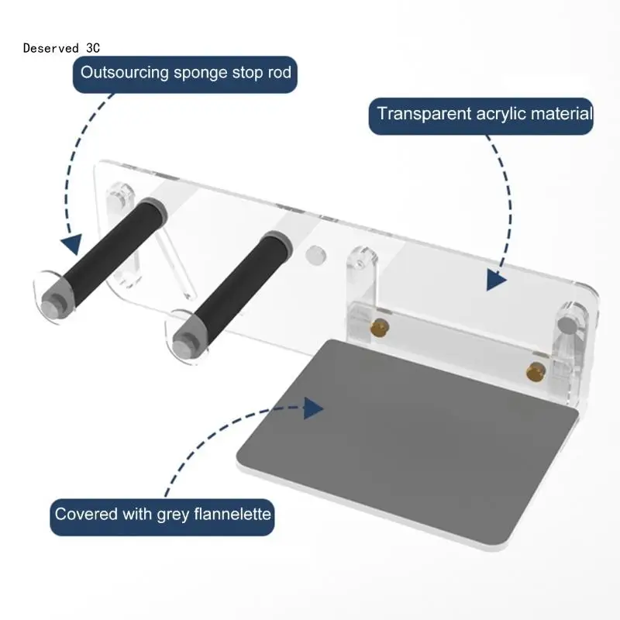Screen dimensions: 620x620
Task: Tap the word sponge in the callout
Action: pos(205,74)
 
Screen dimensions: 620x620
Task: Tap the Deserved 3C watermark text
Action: pos(61,47)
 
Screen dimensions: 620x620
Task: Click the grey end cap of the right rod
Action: pos(186,339)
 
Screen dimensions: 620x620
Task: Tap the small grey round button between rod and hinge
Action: pos(315,253)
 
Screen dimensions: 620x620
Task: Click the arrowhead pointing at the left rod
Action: pos(72,245)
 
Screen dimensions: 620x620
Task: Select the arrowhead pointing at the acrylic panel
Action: pos(497,279)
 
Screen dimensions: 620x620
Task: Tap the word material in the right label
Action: pos(561,114)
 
